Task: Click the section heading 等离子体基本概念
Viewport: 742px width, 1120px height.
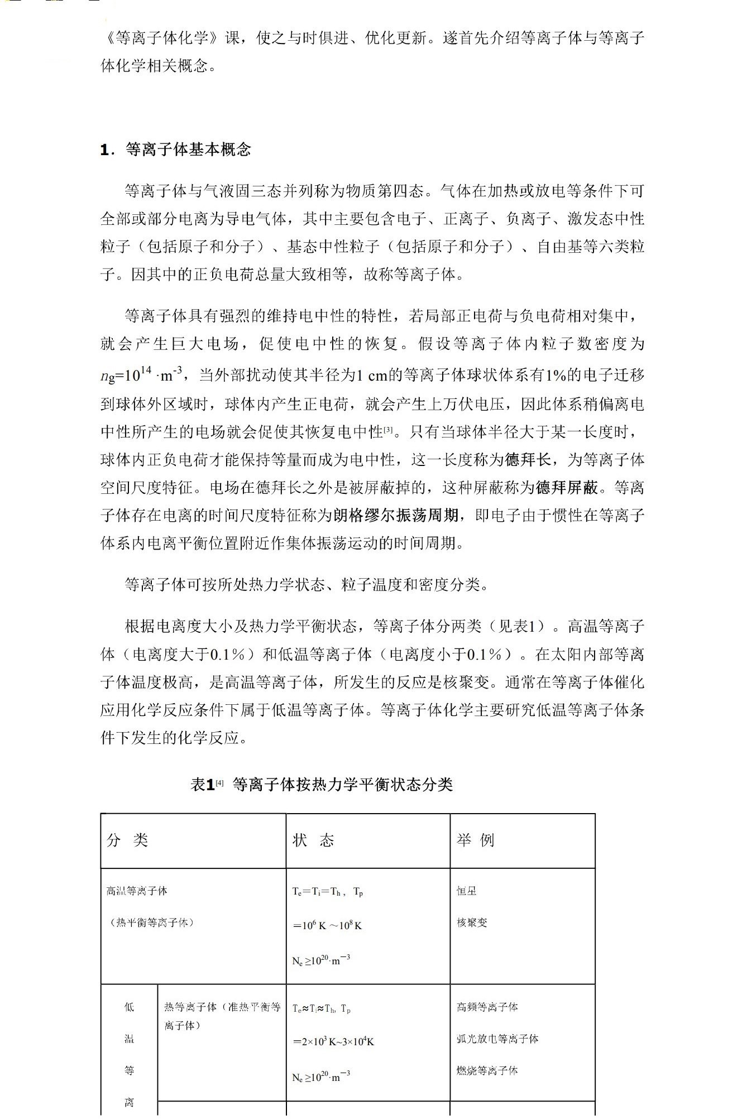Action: (188, 150)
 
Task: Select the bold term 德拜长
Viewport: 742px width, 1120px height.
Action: (529, 460)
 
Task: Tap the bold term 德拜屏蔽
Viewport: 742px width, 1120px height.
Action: (567, 488)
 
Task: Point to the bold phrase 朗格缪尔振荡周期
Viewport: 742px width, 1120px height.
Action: (396, 515)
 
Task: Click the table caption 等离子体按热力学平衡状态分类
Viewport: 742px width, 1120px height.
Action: (342, 785)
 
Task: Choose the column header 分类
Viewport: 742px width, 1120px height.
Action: (127, 840)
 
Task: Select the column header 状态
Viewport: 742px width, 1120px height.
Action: (313, 840)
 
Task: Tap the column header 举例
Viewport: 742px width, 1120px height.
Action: (475, 840)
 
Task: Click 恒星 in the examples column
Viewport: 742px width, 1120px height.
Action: (467, 891)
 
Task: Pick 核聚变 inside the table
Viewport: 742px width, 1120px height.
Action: (472, 922)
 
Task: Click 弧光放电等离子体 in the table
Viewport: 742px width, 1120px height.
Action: (497, 1039)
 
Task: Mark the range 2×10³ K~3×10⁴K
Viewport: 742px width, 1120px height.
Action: (333, 1041)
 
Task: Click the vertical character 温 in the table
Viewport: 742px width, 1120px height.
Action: (129, 1039)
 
